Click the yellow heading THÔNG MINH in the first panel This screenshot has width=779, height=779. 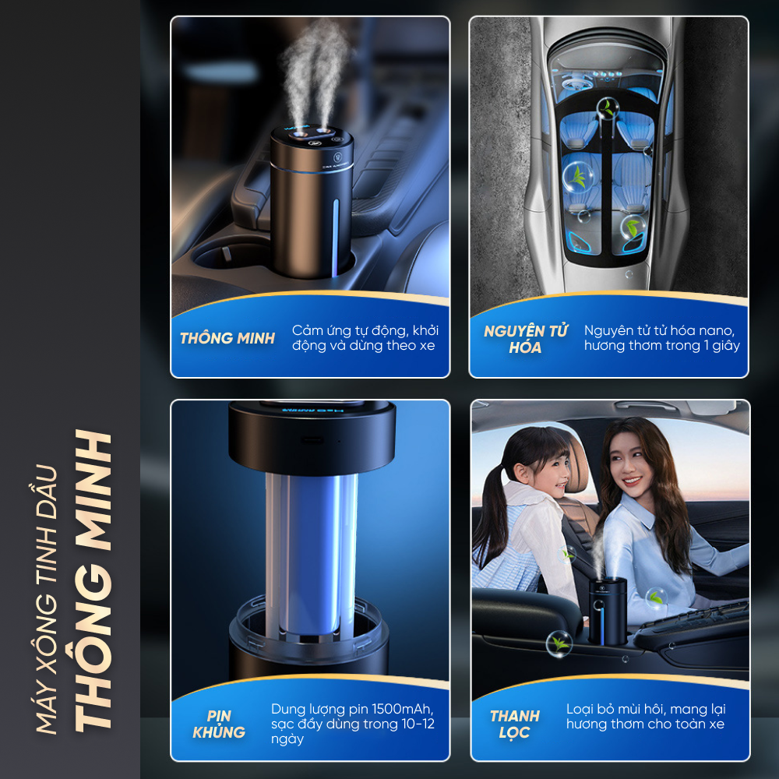coord(227,338)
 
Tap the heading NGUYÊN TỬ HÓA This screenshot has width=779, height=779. coord(525,339)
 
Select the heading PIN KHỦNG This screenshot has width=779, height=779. coord(219,724)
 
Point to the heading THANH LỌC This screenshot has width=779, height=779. coord(514,724)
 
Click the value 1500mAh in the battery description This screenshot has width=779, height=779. coord(402,708)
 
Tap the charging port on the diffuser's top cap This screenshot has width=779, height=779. coord(312,440)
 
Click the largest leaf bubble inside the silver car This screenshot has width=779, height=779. coord(578,177)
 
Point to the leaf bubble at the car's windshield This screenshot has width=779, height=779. coord(607,108)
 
